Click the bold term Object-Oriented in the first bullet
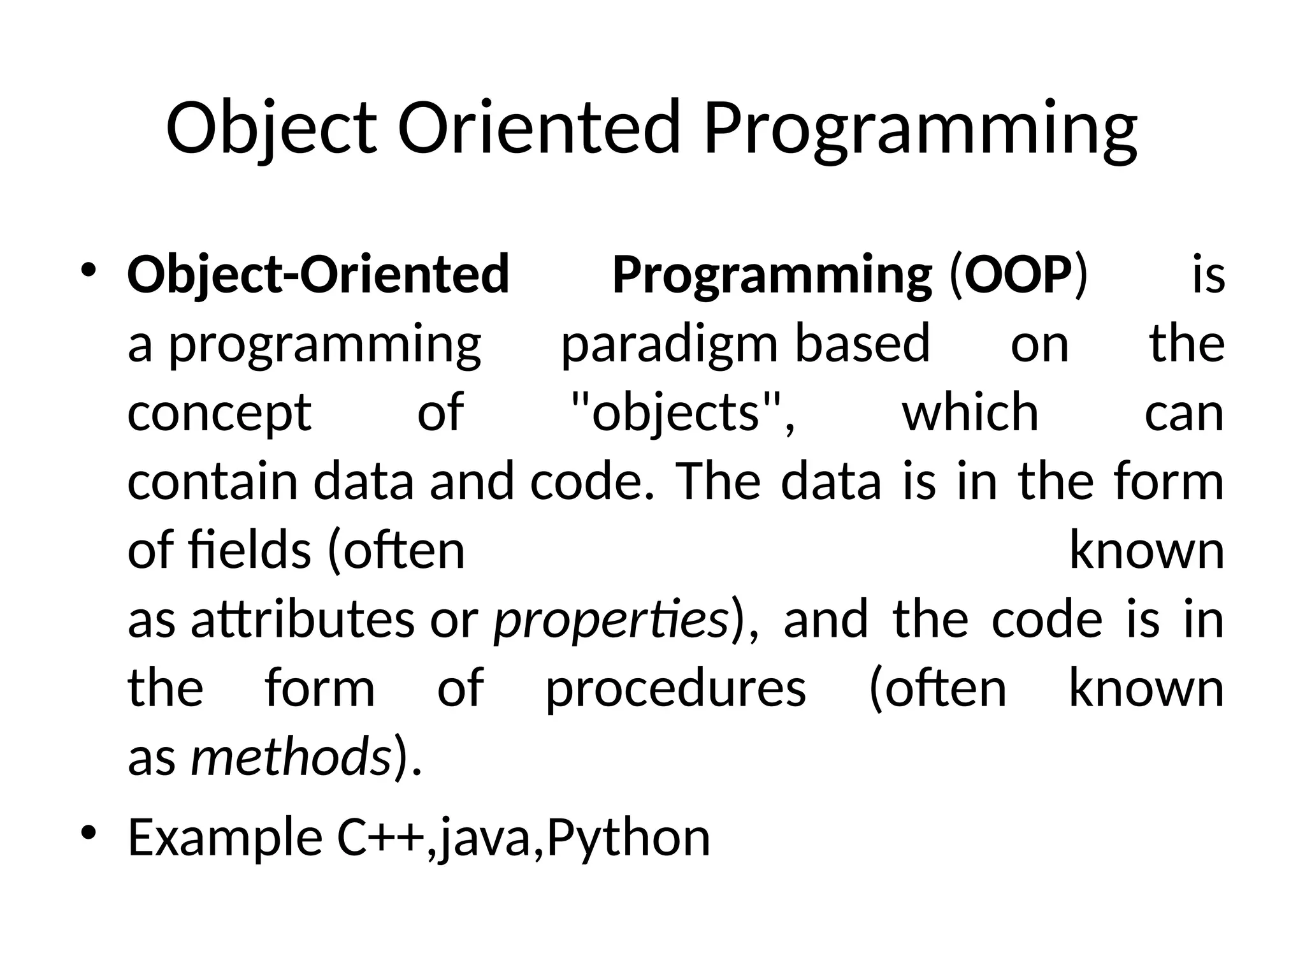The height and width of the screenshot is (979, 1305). tap(318, 275)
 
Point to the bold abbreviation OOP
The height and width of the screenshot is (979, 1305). tap(1018, 275)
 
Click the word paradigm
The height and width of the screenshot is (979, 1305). tap(669, 345)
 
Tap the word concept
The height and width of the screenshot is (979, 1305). tap(219, 414)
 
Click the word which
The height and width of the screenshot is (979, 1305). tap(970, 412)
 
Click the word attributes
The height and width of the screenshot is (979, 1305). tap(303, 620)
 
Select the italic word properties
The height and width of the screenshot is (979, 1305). tap(612, 621)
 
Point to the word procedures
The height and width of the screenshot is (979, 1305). tap(675, 689)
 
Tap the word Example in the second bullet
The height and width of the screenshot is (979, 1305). tap(225, 838)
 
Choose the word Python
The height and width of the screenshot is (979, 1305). tap(628, 838)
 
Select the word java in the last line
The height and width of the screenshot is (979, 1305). tap(485, 838)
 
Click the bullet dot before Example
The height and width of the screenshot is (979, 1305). tap(89, 833)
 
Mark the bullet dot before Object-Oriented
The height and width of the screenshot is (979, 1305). tap(89, 270)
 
